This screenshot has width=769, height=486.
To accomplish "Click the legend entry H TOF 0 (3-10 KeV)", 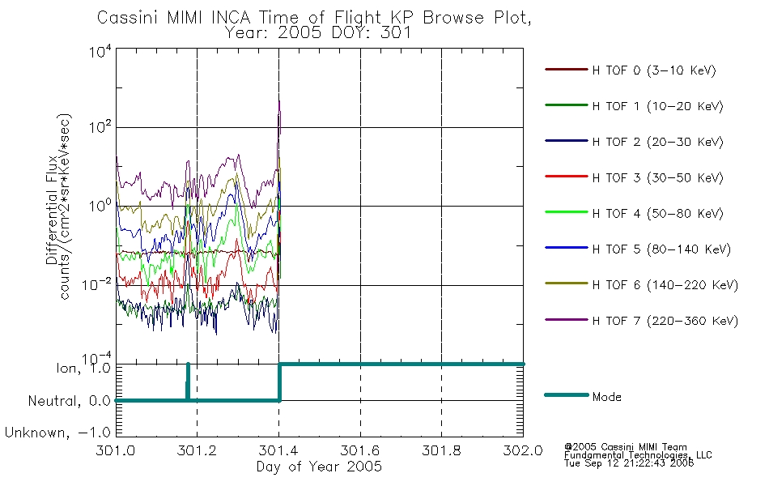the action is [x=654, y=70].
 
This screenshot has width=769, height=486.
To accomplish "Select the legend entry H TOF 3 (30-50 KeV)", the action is [x=657, y=177].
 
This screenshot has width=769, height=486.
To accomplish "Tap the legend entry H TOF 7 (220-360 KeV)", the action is [x=665, y=321].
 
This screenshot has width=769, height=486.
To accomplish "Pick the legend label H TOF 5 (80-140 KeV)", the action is [x=661, y=249].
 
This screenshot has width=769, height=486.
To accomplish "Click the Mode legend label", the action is [x=606, y=397].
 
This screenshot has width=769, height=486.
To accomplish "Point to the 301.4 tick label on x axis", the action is [x=278, y=450].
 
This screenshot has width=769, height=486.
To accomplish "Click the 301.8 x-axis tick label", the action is [x=441, y=450].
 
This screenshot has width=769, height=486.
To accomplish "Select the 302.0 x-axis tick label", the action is [x=523, y=450].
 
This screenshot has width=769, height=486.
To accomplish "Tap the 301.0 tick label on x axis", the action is [x=116, y=450].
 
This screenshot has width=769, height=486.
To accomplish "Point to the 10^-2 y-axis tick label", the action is [x=97, y=284].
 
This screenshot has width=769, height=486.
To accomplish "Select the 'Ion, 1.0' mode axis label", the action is [x=83, y=368].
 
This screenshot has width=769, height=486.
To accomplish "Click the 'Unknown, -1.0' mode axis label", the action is [x=57, y=433].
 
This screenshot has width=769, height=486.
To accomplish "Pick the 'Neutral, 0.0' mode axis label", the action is [x=70, y=401].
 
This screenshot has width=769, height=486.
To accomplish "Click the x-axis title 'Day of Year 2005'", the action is [x=319, y=466].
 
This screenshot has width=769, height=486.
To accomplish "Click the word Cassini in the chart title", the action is [x=128, y=18].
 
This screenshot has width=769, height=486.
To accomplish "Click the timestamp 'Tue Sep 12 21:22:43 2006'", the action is [x=629, y=463].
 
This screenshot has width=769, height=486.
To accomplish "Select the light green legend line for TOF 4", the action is [x=567, y=212].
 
